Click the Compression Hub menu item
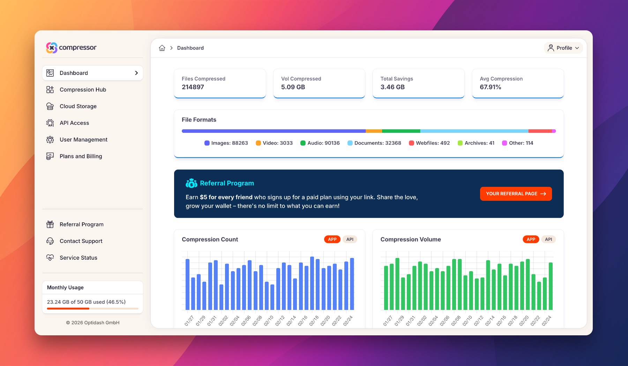click(x=83, y=90)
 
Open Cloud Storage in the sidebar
click(x=78, y=106)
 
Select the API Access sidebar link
click(x=74, y=123)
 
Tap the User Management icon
click(x=50, y=140)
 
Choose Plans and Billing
click(x=81, y=156)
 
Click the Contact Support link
click(x=81, y=241)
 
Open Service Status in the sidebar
click(x=78, y=258)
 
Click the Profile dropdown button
click(x=563, y=48)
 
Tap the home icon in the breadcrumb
click(x=162, y=48)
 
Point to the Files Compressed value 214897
click(x=193, y=87)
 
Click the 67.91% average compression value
click(x=490, y=87)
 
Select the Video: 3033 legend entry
click(x=274, y=143)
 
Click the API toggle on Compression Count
click(x=350, y=239)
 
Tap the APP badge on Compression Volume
click(x=531, y=239)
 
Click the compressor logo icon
click(x=52, y=48)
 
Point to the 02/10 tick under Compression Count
click(x=269, y=320)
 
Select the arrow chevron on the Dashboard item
click(x=136, y=73)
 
